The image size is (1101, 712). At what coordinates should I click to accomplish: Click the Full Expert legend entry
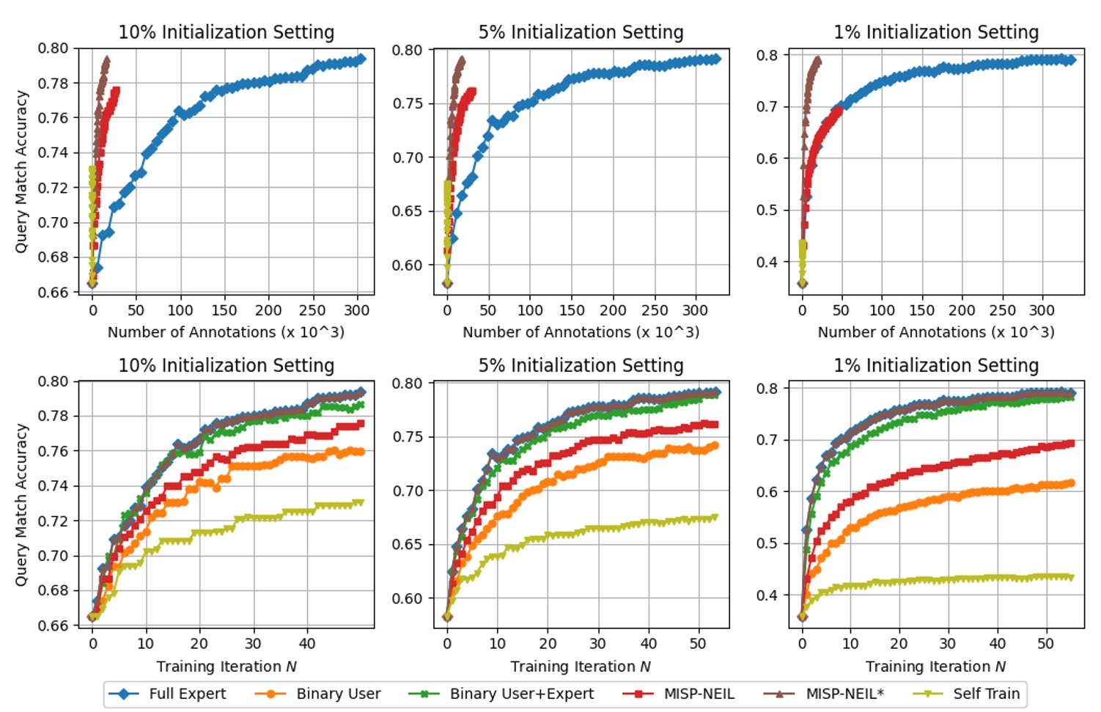coord(187,694)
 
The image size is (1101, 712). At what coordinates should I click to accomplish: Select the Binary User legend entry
coord(338,694)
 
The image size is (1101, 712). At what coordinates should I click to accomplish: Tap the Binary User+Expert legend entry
coord(521,694)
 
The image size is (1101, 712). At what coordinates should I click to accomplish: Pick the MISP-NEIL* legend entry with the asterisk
coord(844,694)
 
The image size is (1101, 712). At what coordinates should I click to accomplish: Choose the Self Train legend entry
coord(986,694)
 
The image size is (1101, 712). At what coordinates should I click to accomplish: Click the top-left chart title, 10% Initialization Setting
coord(227,32)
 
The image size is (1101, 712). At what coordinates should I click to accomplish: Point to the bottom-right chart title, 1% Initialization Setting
coord(936,365)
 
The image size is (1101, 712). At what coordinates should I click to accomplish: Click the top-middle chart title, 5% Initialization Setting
coord(581,32)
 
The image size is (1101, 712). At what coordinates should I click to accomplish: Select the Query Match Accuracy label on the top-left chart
coord(21,172)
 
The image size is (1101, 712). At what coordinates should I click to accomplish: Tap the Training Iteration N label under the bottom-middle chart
coord(581,667)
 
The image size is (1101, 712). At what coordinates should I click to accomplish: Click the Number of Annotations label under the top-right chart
coord(936,332)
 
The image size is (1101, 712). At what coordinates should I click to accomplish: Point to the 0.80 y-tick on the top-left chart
coord(53,48)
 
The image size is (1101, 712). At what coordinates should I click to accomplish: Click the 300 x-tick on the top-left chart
coord(357,310)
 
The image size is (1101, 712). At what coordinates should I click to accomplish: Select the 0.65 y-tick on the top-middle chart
coord(407,211)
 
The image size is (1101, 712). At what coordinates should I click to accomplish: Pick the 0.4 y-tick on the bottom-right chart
coord(767,595)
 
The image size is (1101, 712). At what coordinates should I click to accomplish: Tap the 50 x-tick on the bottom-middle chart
coord(698,644)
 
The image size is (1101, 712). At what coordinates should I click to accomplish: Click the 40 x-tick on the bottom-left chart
coord(306,644)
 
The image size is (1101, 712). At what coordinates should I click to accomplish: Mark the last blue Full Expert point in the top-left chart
coord(361,59)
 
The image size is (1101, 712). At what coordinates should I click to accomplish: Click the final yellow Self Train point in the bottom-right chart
coord(1071,578)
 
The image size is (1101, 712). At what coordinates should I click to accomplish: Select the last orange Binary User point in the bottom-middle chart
coord(715,445)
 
